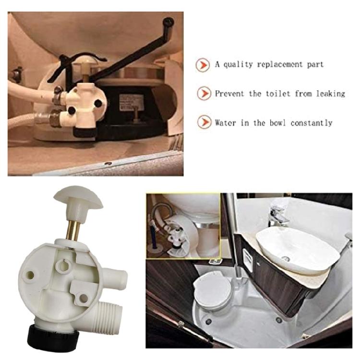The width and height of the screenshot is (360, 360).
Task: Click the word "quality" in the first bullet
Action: pos(238,64)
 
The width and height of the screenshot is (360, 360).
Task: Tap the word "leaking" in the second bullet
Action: pos(330,94)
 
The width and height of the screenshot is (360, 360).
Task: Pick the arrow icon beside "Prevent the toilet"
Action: pos(203,93)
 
